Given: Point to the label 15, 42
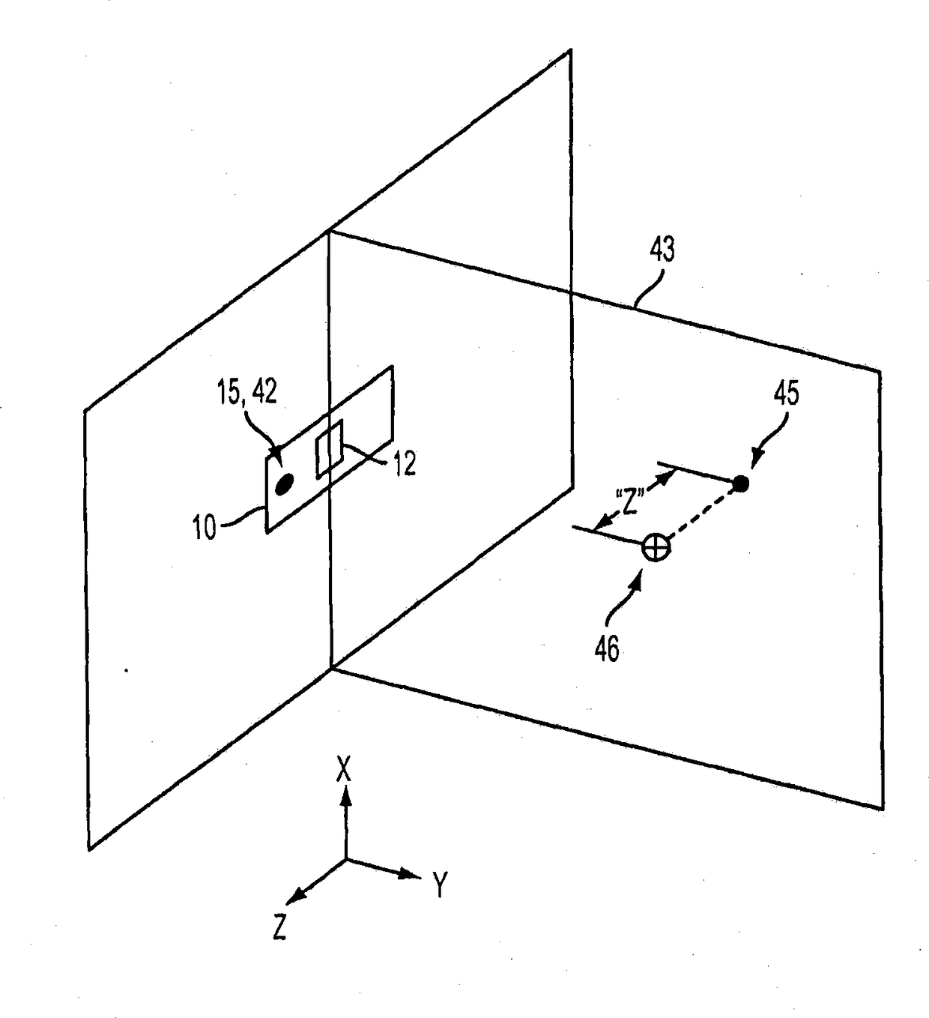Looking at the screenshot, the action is click(246, 392).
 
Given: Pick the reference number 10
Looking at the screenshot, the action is click(205, 528).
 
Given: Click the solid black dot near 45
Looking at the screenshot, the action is click(741, 484).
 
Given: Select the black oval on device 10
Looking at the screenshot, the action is click(285, 485).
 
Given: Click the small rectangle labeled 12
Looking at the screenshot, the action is click(330, 448).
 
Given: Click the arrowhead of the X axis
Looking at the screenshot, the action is click(345, 799).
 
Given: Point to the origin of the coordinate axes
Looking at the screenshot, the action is click(345, 859).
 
